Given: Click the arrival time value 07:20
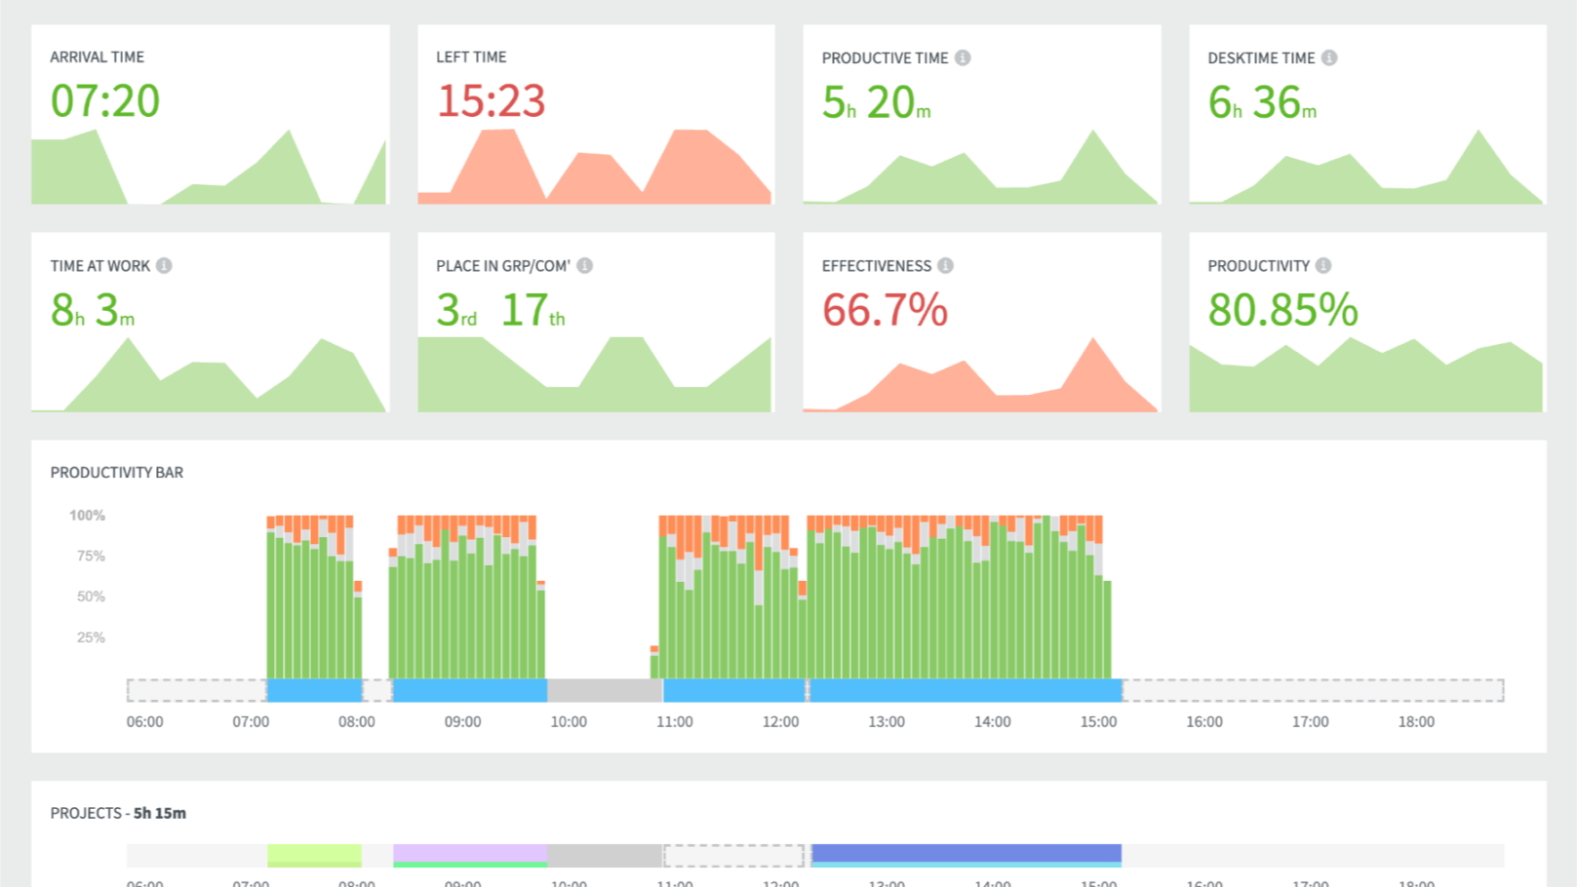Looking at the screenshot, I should tap(105, 101).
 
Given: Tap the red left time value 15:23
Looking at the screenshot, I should tap(491, 101).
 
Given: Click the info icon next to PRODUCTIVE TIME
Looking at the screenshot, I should tap(963, 58).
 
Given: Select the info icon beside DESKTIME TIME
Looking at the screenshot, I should tap(1329, 58).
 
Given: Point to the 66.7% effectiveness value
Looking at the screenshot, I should tap(885, 310).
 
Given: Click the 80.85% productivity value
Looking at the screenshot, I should tap(1282, 310).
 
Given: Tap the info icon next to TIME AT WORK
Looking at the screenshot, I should tap(164, 265).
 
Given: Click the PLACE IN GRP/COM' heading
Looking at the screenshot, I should tap(502, 265).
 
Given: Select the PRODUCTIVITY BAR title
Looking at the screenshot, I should tap(117, 473).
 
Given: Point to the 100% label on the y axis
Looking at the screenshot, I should tap(87, 516).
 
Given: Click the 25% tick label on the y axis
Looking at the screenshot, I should tap(91, 637).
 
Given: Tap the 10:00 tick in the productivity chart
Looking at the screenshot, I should tap(569, 722).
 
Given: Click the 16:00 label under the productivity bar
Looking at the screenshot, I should tap(1204, 722).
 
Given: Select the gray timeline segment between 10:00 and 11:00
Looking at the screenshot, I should tap(605, 690).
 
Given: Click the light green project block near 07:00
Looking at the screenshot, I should tap(314, 854).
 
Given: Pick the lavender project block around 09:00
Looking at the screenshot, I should tap(470, 853).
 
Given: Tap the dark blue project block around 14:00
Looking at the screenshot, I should tap(966, 853).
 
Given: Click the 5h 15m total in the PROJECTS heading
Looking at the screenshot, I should tap(160, 813).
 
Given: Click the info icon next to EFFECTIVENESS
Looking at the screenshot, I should tap(946, 265).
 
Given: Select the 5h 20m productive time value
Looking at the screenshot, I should tap(876, 103).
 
